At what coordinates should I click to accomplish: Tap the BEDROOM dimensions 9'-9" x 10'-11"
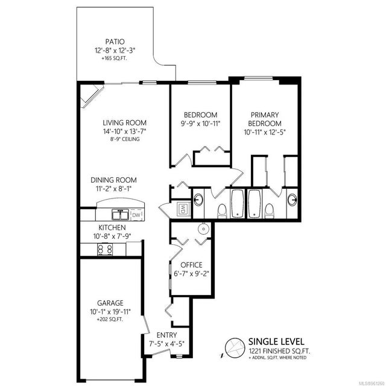200,125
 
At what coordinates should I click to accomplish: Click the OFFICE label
192,265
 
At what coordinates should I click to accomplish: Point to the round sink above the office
203,229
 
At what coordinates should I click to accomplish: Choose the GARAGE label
110,303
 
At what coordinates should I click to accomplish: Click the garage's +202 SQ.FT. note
110,320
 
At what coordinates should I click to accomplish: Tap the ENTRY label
166,335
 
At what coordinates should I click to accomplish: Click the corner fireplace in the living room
91,95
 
